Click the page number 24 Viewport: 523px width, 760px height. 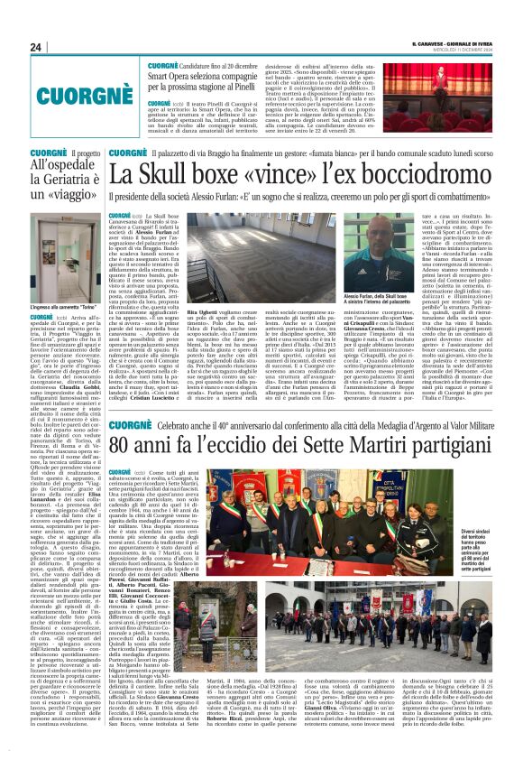pos(36,47)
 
